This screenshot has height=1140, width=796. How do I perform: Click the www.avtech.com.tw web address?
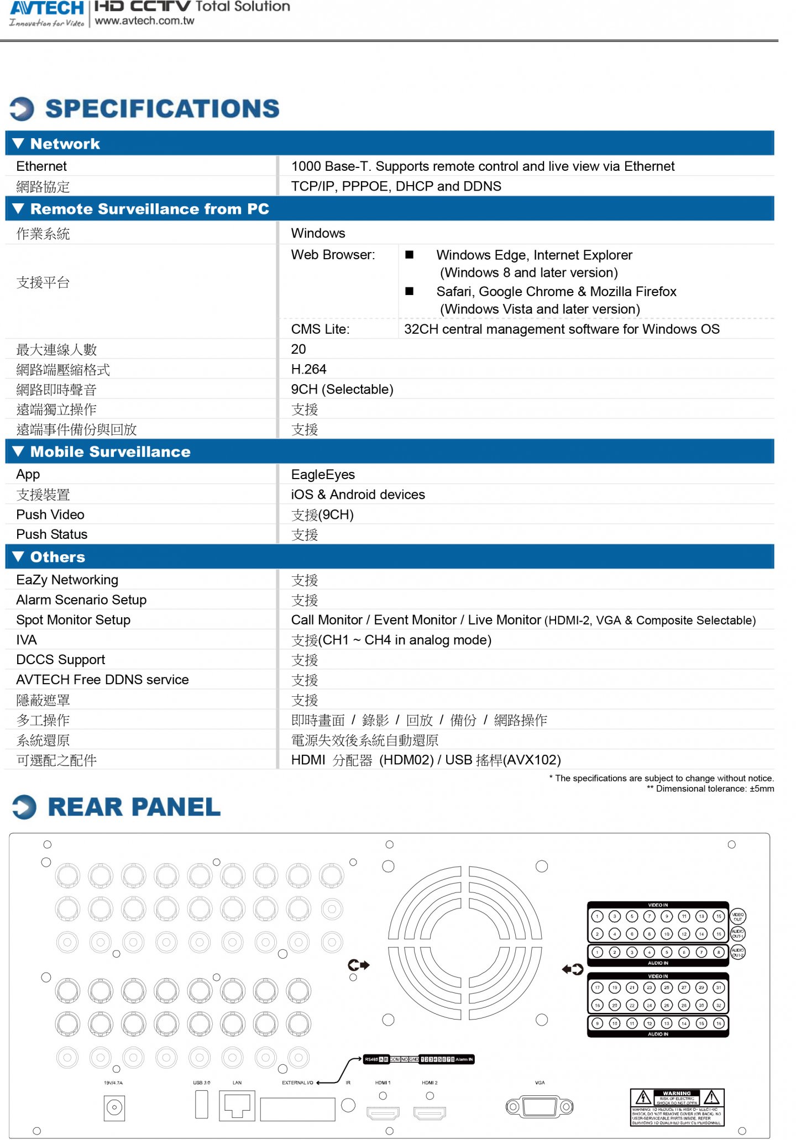coord(144,21)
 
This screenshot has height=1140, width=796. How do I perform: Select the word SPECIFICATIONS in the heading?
coord(162,109)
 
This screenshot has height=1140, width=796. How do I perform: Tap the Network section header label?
coord(65,144)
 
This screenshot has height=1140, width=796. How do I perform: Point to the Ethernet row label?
coord(41,166)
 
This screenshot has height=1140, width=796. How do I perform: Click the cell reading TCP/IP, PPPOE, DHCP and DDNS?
coord(396,186)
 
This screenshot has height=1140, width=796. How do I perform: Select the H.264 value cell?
coord(308,369)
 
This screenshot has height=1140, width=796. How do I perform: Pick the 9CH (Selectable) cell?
coord(342,390)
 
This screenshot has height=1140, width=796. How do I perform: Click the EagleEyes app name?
coord(323,475)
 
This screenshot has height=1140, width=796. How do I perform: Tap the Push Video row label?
coord(50,514)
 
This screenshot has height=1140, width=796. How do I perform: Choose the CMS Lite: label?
coord(320,329)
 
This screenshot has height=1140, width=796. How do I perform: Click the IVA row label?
coord(27,640)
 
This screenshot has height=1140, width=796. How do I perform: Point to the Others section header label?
coord(57,557)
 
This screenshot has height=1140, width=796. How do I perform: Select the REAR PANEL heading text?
coord(134,807)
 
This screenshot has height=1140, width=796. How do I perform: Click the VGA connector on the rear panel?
coord(539,1106)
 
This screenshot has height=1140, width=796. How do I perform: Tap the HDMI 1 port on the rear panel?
coord(383,1112)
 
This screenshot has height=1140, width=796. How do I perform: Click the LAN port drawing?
coord(237,1105)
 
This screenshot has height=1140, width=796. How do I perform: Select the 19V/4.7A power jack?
coord(114,1107)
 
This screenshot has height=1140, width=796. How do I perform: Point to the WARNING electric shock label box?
coord(677,1107)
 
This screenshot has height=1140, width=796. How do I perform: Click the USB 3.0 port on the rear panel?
coord(202,1104)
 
